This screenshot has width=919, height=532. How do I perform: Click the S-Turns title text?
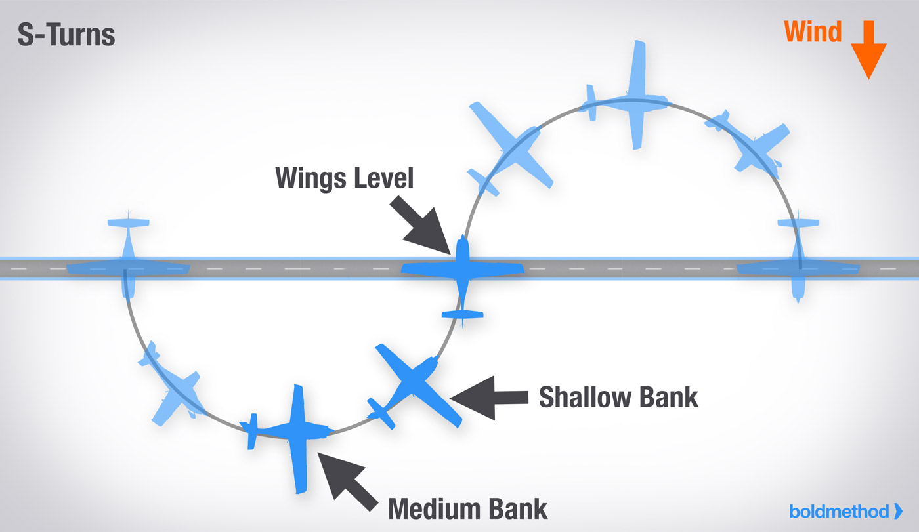tap(66, 34)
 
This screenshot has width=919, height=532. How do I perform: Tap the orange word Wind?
tap(813, 31)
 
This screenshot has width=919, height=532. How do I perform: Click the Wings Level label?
tap(345, 177)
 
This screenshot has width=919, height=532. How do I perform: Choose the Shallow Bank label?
tap(618, 397)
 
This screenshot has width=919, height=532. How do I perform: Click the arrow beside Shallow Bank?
tap(489, 396)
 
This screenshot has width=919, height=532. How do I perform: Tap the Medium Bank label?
tap(467, 508)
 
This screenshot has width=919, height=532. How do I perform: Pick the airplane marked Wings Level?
tap(463, 269)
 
